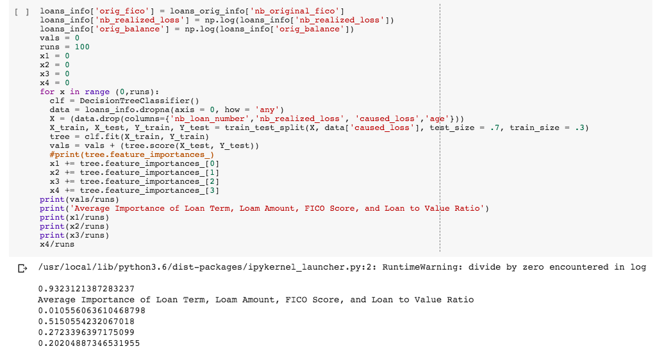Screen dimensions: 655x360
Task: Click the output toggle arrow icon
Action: point(22,267)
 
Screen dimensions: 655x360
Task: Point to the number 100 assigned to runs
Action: point(82,47)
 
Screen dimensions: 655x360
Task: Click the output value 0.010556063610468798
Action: point(92,310)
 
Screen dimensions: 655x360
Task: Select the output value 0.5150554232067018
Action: point(87,321)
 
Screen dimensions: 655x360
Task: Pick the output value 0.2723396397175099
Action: point(87,332)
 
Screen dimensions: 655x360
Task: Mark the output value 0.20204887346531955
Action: point(89,343)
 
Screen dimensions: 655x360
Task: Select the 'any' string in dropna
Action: point(265,110)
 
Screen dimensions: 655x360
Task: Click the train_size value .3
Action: point(581,127)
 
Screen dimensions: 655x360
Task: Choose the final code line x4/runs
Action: point(57,244)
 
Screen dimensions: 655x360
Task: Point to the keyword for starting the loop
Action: point(47,92)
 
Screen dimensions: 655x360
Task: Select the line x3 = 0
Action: point(54,74)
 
